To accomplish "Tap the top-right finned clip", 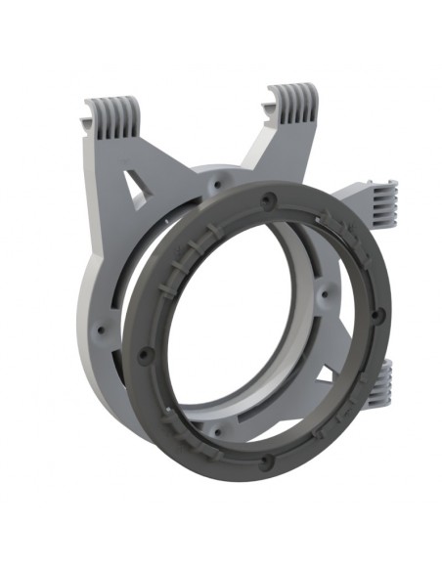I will coord(293,104).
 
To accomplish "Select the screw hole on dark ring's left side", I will coord(146,355).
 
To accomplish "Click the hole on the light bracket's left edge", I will coord(98,330).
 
